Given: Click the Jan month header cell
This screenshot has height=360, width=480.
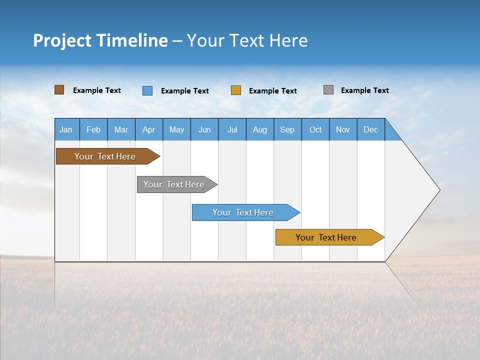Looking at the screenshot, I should (x=66, y=129).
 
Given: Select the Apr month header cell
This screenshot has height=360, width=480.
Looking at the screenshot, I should (x=149, y=129).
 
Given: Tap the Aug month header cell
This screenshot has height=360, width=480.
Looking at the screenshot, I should (x=260, y=129).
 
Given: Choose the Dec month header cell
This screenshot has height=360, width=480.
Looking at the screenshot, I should (x=371, y=129).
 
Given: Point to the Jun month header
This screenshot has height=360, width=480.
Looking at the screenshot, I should (x=204, y=129).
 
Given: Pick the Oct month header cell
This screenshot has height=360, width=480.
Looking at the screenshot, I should (x=315, y=129).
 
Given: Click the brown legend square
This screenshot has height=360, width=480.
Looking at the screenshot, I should (x=59, y=90).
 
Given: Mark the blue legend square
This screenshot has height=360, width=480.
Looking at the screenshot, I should (x=147, y=90).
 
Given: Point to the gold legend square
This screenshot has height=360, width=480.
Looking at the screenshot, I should (x=236, y=90).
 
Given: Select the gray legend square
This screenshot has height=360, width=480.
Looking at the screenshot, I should (x=328, y=90).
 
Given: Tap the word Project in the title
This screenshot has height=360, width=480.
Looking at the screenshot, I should (x=61, y=40).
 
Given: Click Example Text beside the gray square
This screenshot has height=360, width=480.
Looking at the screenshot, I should (x=364, y=90).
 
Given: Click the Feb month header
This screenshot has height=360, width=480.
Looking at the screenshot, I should (x=93, y=129).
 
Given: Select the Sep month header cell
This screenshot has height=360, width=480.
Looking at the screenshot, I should (x=287, y=129).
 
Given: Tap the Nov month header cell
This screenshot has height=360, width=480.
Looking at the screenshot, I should (x=343, y=129).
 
